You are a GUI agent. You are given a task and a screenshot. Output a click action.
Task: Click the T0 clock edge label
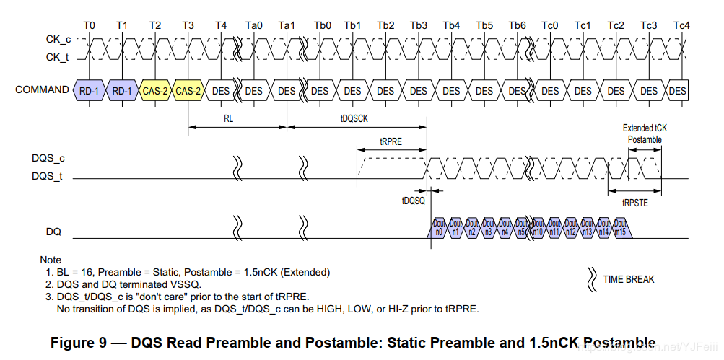coord(89,25)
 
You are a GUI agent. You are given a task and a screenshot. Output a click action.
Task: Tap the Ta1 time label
coord(287,25)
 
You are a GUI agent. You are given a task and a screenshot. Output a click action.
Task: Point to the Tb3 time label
coord(419,25)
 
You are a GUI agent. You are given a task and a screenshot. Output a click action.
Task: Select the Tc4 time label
coord(681,25)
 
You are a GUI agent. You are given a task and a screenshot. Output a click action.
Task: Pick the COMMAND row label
coord(42,90)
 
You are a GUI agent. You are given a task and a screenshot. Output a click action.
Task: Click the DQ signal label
coord(53,232)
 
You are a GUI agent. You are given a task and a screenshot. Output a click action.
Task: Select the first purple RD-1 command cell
coord(90,91)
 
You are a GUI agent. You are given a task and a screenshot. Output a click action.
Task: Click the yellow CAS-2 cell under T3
coord(188,91)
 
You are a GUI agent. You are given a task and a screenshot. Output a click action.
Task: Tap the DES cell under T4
coord(221,91)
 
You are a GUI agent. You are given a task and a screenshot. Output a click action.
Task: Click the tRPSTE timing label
coord(635,203)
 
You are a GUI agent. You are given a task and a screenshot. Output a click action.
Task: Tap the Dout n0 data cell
coord(439,228)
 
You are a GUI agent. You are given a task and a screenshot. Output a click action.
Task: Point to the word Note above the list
coord(51,260)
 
